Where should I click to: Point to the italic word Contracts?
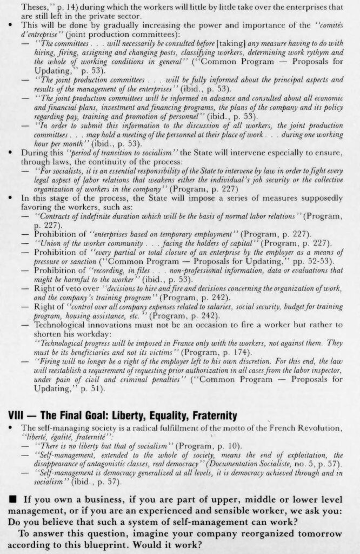(54, 216)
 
